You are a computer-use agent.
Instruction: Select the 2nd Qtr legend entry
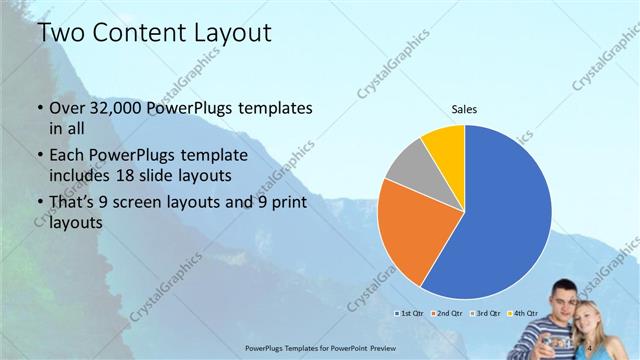[x=446, y=314]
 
